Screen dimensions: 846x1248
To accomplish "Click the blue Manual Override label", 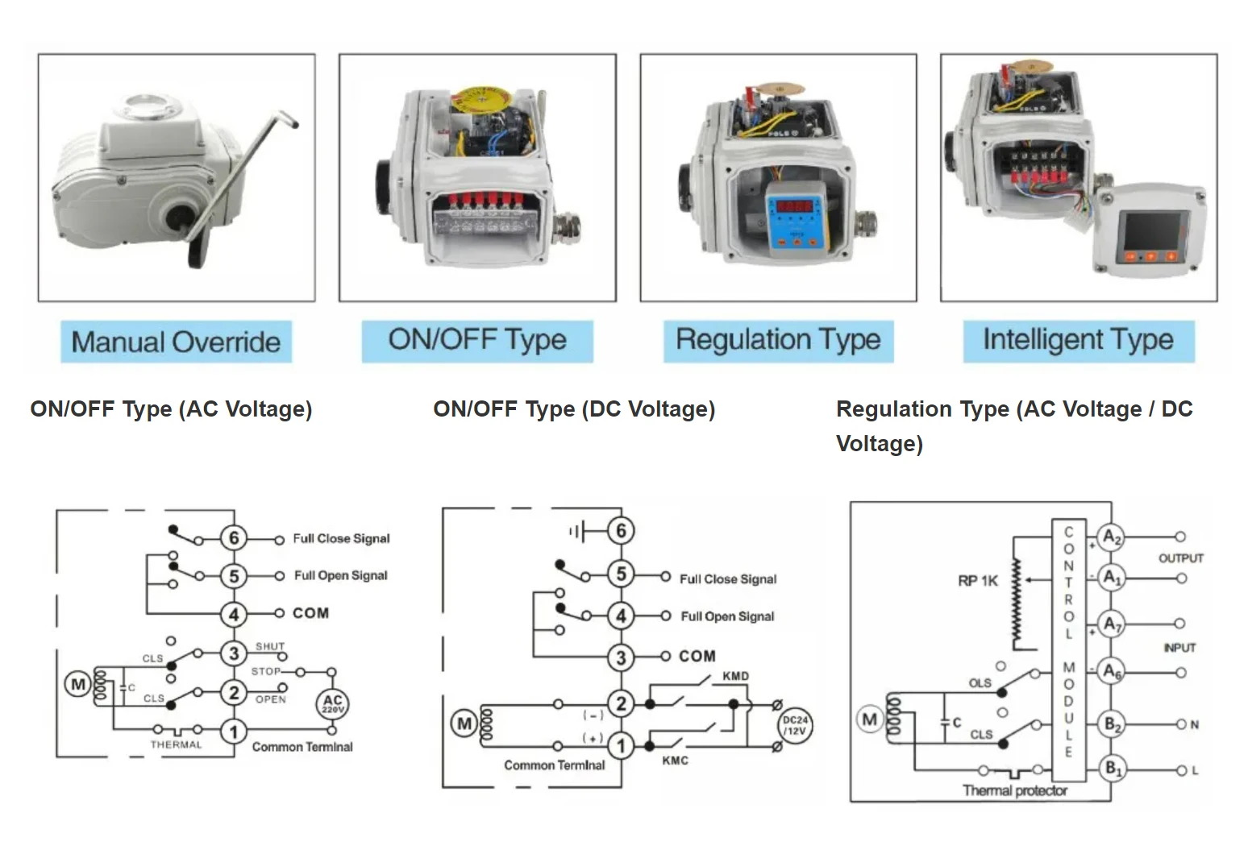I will [176, 342].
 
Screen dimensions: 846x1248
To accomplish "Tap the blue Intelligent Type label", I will [1078, 341].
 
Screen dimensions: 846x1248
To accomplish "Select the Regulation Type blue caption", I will [778, 341].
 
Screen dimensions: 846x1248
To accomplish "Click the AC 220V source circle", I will [332, 703].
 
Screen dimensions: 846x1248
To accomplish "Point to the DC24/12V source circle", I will [795, 726].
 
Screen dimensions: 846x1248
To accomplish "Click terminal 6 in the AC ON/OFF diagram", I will [234, 538].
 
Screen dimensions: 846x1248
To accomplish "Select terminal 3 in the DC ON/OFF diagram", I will [621, 657].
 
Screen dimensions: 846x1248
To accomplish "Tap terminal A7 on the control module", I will [1113, 624].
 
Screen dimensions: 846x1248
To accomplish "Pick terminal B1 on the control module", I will [1113, 769].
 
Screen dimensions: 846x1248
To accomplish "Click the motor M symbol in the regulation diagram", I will [869, 720].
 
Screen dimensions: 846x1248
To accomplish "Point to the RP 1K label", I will [978, 581].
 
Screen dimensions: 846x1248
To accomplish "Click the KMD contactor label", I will [735, 676].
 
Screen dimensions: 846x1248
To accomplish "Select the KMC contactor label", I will [675, 761].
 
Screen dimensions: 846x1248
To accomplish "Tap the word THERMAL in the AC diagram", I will [176, 744].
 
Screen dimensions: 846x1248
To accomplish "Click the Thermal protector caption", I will [1014, 790].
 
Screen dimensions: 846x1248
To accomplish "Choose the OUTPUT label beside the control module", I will [1180, 558].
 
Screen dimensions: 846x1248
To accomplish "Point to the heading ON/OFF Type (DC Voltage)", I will [574, 409].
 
